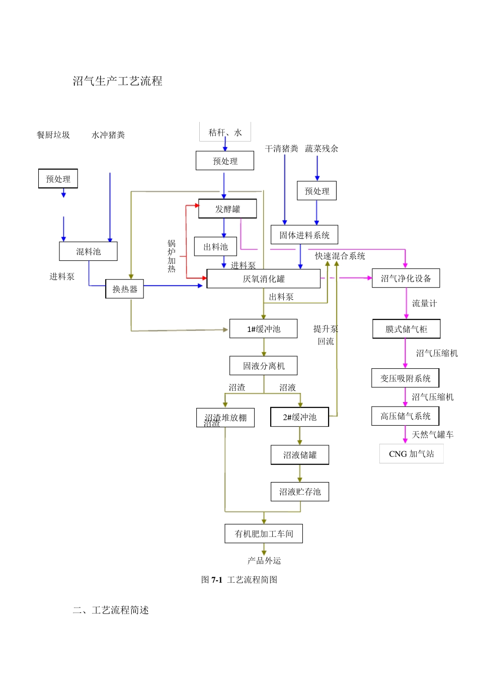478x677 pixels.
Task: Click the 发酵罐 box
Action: pos(227,209)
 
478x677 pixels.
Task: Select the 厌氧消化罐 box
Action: pos(263,279)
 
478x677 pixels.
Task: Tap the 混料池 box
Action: pos(88,251)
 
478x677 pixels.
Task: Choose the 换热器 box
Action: pos(124,289)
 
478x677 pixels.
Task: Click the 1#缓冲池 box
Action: pos(263,329)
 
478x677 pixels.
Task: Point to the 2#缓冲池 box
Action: pos(299,417)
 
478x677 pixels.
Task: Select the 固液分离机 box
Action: pos(263,366)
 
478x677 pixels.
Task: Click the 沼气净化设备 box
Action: pos(406,279)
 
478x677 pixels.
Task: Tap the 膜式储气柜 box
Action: pos(406,329)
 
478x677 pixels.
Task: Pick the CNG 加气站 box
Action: pos(411,454)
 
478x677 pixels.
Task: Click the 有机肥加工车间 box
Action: pos(264,533)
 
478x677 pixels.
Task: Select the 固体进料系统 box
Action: pos(304,235)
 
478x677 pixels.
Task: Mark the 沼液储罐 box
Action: pos(299,455)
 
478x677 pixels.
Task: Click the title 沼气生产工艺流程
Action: pos(117,81)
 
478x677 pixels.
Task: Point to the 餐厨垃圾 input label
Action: pos(53,135)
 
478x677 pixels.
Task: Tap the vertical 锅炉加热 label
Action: pos(172,256)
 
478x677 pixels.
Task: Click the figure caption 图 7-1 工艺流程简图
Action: pos(239,580)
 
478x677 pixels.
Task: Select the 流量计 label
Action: pos(424,303)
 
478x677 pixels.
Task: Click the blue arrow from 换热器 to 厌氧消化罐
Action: pos(174,286)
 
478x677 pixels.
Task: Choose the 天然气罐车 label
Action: pos(432,434)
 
